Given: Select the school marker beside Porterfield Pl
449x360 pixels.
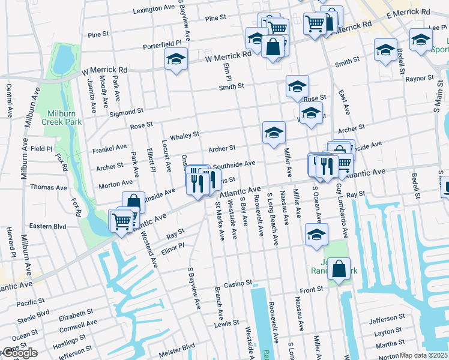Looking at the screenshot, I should point(176,59).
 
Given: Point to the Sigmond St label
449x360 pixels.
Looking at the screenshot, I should point(126,112).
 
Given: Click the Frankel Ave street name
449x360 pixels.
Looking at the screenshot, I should point(109,146).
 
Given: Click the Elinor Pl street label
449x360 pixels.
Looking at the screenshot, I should point(172,248).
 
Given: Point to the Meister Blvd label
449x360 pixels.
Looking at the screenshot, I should point(176,347).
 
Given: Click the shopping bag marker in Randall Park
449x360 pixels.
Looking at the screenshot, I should point(339,270).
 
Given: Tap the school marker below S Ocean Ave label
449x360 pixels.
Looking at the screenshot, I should point(316,235).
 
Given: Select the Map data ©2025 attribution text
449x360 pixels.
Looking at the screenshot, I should point(423,355).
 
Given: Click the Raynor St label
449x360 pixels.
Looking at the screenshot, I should point(419,79).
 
